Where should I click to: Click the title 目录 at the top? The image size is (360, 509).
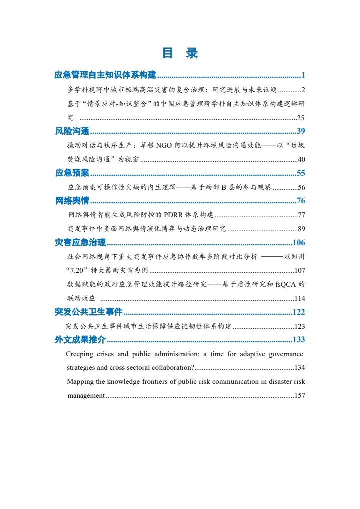pos(180,53)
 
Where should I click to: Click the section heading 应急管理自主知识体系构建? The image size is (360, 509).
pos(105,75)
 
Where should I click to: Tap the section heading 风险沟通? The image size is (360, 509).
pos(72,131)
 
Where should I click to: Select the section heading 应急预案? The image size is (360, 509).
pos(72,173)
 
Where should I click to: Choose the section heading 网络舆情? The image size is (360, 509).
pos(72,201)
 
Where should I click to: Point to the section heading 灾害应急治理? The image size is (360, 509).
pos(80,243)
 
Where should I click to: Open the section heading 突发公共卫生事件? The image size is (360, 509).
pos(88,312)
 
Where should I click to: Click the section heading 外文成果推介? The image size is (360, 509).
pos(80,340)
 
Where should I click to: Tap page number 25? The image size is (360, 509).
pos(301,118)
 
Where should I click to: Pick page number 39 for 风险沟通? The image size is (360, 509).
pos(301,131)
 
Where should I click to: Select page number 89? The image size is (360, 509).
pos(301,229)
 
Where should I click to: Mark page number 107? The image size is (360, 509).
pos(300,271)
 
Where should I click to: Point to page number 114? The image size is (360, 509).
pos(300,299)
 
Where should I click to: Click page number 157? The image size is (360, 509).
pos(300,396)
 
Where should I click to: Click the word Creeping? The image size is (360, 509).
pos(80,354)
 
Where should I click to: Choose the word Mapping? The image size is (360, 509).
pos(80,382)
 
